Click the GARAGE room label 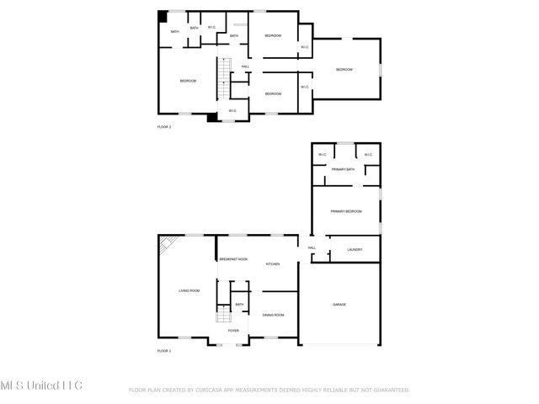pos(339,305)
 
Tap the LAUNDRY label pos(355,249)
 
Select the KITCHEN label pos(273,264)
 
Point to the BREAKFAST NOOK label pos(233,259)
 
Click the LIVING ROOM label pos(189,290)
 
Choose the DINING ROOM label pos(273,315)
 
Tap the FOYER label pos(233,331)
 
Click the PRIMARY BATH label pos(343,170)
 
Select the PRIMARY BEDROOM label pos(345,211)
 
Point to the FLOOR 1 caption pos(164,350)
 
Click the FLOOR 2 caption pos(164,127)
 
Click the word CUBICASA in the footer pos(208,391)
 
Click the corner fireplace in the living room pos(167,244)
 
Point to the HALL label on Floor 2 pos(245,66)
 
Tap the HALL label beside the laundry pos(312,247)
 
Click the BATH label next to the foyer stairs pos(239,305)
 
